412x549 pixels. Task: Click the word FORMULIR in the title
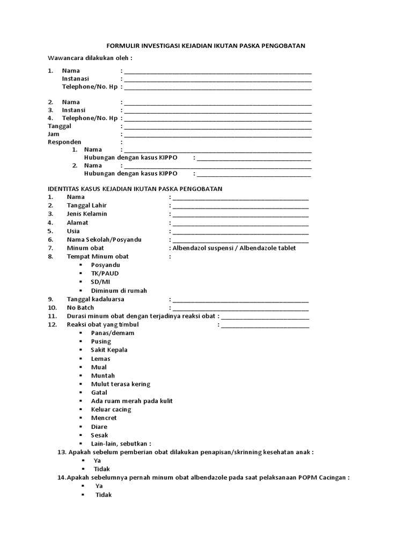point(120,46)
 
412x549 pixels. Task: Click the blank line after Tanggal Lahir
point(240,206)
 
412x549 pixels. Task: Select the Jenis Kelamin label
point(86,214)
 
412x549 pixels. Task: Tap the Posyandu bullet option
point(105,265)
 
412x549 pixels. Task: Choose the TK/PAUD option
point(105,273)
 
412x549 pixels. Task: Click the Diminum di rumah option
point(119,291)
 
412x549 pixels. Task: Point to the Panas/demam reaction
point(112,333)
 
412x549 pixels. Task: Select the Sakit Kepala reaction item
point(109,350)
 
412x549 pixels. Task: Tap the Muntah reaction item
point(102,376)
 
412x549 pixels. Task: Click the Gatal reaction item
point(99,392)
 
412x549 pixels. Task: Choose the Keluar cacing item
point(111,410)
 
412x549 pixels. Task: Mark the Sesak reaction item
point(99,435)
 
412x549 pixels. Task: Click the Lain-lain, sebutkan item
point(121,444)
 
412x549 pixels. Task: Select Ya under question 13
point(97,461)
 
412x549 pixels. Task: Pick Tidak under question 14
point(104,495)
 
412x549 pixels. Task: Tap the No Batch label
point(80,308)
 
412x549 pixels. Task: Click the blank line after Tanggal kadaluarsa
point(240,300)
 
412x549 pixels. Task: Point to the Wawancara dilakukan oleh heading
point(90,58)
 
